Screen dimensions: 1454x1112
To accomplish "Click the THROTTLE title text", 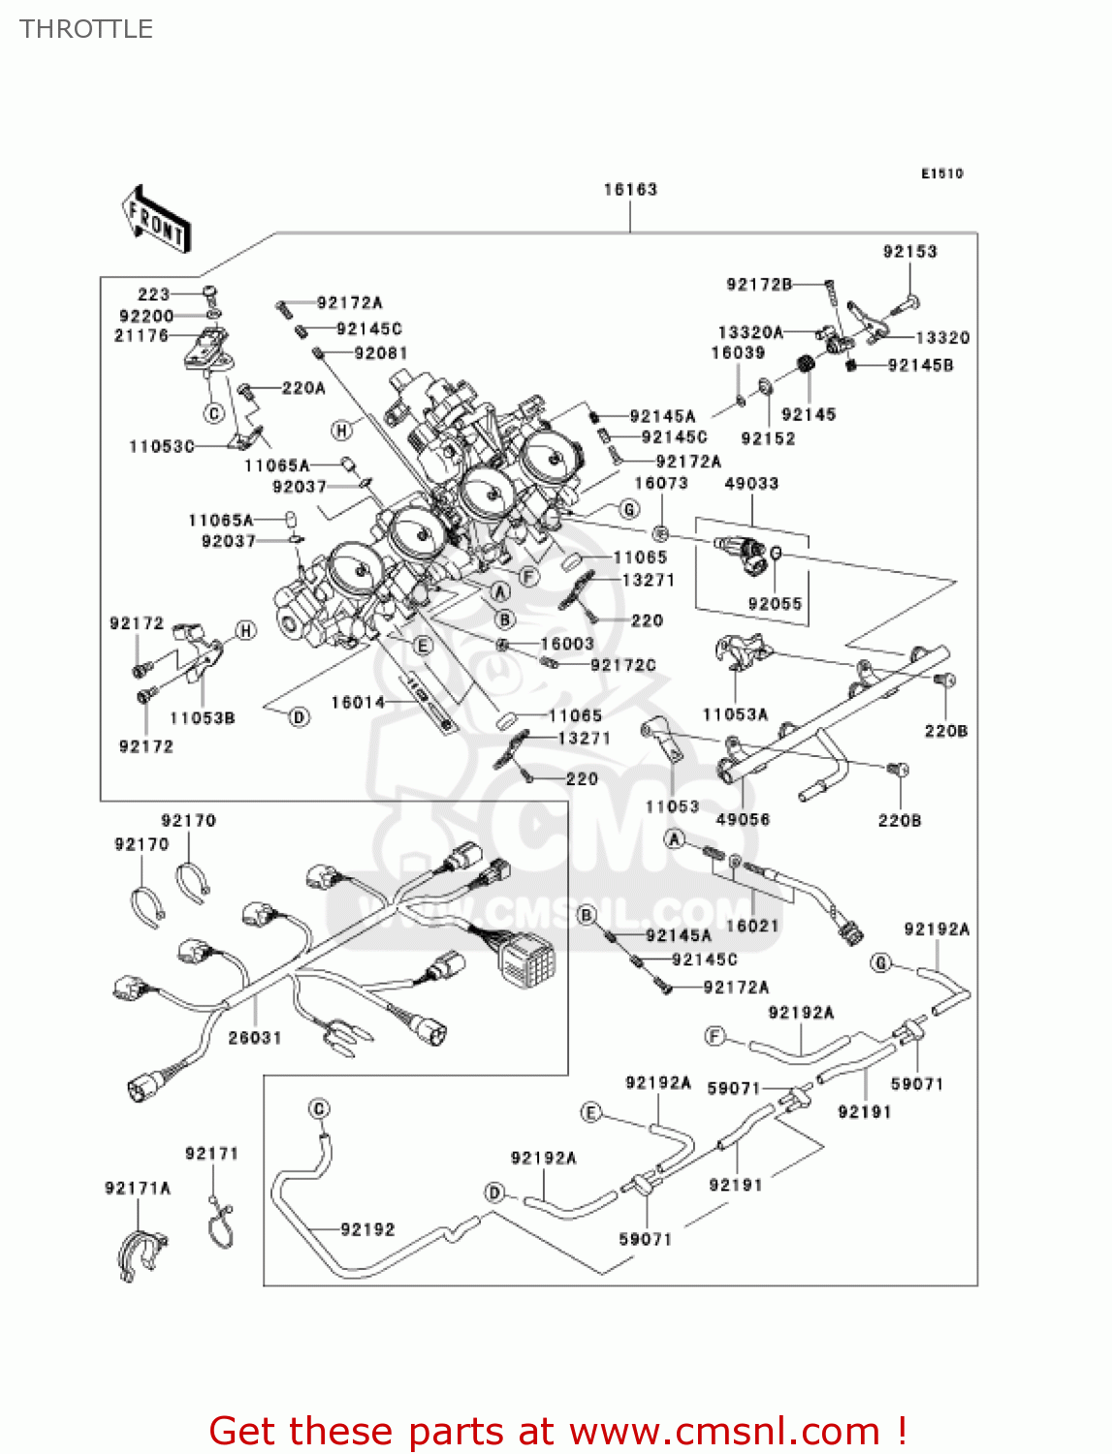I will tap(86, 29).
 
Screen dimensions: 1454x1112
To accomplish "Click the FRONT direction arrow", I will tap(156, 220).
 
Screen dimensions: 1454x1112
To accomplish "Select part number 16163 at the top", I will tap(630, 190).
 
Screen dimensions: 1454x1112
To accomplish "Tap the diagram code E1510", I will tap(941, 174).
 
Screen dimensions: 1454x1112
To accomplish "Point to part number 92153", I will tap(909, 252).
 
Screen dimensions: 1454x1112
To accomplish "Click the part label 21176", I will tap(142, 335).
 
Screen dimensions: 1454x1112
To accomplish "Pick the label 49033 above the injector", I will tap(751, 484).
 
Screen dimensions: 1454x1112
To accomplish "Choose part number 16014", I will tap(358, 702).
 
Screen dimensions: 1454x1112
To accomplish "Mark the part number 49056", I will tap(743, 819).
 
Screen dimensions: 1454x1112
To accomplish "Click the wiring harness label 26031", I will tap(255, 1038).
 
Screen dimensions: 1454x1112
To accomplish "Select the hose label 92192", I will tap(368, 1229).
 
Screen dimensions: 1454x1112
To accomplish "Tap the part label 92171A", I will tap(138, 1188).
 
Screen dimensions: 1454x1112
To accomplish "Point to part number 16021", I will tap(752, 926).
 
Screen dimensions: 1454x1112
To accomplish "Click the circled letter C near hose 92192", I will tap(319, 1109).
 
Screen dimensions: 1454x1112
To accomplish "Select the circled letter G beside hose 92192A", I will tap(880, 963).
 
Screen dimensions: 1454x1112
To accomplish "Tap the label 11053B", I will tap(202, 718).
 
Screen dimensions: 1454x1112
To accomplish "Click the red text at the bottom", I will tap(557, 1431).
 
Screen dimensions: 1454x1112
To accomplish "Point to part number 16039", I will tap(738, 354).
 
